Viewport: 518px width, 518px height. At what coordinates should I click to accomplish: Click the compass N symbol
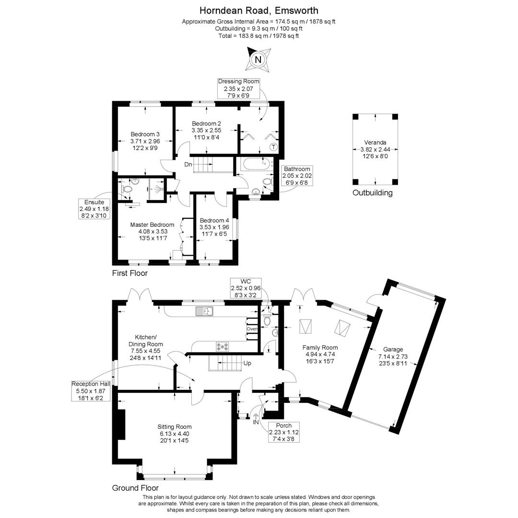(x=259, y=59)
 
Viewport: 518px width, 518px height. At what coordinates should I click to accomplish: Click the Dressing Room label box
(x=238, y=89)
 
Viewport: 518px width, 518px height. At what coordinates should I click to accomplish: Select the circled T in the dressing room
(x=273, y=147)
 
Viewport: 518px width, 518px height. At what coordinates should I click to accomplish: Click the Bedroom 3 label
(x=145, y=141)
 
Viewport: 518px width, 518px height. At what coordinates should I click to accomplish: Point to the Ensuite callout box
(x=94, y=209)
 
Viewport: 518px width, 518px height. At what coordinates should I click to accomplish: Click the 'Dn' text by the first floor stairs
(x=188, y=165)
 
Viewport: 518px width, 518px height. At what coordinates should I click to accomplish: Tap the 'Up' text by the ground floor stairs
(x=247, y=363)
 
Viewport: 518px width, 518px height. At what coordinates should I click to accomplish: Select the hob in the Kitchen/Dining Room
(x=223, y=346)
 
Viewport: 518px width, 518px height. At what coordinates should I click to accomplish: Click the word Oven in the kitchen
(x=252, y=329)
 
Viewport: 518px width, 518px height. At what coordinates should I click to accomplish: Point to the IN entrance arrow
(x=256, y=419)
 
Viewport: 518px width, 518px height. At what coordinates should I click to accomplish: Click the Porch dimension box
(x=284, y=432)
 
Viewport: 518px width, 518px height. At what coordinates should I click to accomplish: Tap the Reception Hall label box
(x=91, y=390)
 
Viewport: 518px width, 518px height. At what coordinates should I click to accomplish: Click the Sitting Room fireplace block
(x=121, y=424)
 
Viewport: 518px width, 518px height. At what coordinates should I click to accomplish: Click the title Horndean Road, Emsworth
(x=259, y=11)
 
